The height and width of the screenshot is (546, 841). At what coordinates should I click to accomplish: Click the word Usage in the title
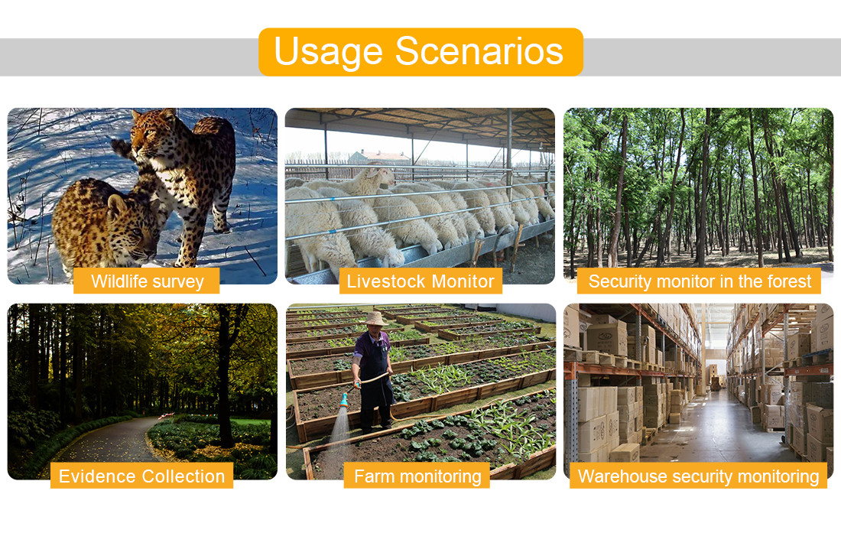[328, 52]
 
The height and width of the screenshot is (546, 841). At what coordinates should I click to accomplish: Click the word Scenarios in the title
[479, 51]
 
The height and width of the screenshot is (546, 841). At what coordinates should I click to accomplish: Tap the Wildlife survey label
[147, 281]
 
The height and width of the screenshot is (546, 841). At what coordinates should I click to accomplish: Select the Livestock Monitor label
[420, 281]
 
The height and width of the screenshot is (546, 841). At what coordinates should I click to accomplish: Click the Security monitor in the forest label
[699, 281]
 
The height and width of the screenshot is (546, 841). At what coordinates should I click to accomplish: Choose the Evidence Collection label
[141, 476]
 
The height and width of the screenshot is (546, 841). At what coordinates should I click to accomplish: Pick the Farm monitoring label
[417, 476]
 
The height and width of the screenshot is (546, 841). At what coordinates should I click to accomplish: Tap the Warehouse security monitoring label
[698, 476]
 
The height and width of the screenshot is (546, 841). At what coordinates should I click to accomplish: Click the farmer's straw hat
[375, 319]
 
